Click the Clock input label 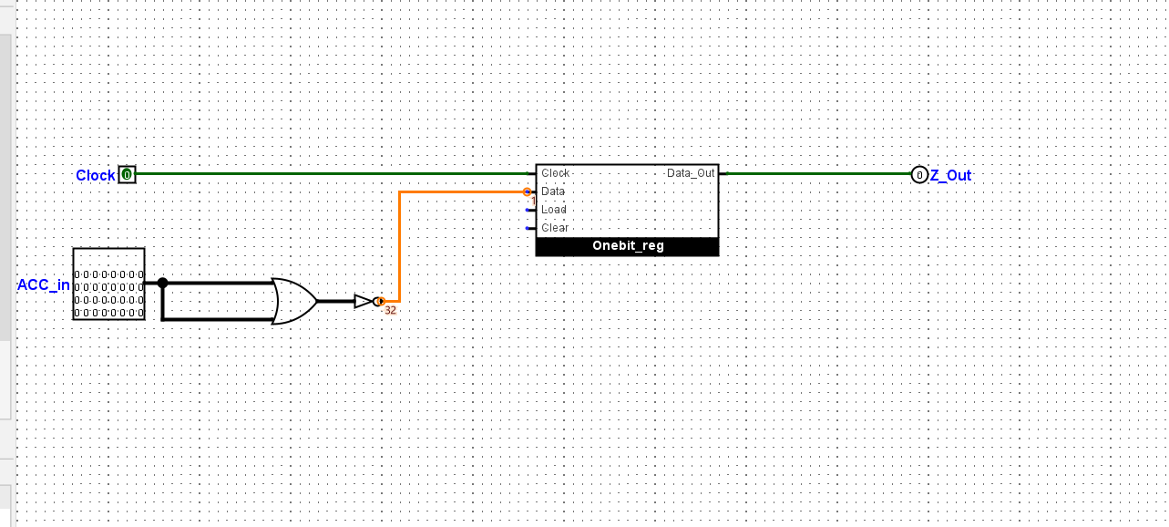95,175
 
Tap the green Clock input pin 127,174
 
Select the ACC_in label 44,284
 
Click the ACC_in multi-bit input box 108,284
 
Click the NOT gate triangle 364,301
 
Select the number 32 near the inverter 390,311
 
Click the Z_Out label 950,175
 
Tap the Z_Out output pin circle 919,174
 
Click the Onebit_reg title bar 627,246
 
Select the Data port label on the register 553,191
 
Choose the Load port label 554,210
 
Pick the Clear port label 555,228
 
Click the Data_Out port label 691,173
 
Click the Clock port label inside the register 555,173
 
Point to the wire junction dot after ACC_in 162,283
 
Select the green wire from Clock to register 328,173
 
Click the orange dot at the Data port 527,191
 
